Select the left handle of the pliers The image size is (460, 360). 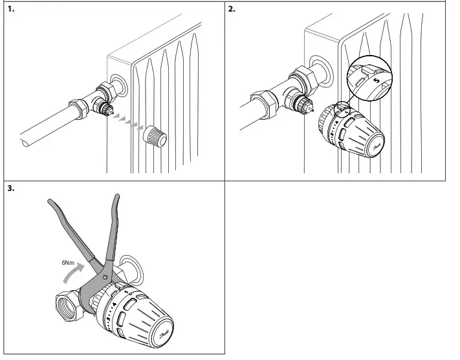click(69, 230)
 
